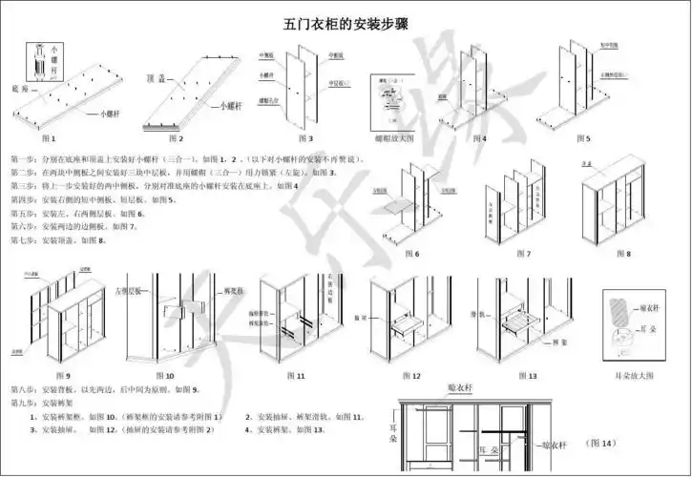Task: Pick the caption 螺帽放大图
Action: pyautogui.click(x=394, y=138)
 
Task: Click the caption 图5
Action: pyautogui.click(x=581, y=138)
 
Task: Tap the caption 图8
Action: pyautogui.click(x=621, y=254)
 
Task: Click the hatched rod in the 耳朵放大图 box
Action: pyautogui.click(x=618, y=311)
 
